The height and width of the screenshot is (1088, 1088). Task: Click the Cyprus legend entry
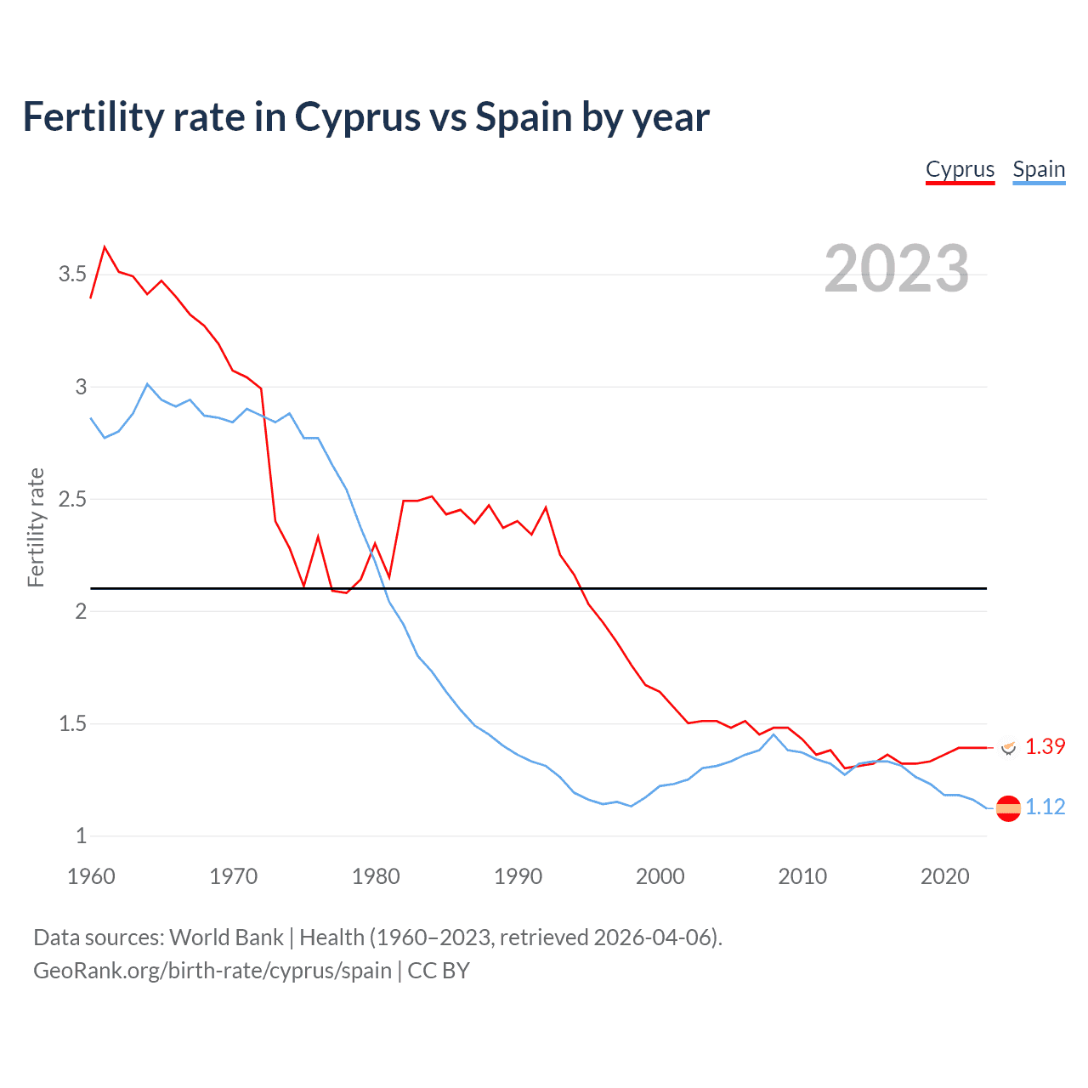pos(960,169)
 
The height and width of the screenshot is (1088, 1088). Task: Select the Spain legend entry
pos(1039,169)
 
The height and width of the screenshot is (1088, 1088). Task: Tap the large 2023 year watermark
pos(897,269)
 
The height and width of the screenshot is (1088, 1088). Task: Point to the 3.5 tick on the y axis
pos(72,274)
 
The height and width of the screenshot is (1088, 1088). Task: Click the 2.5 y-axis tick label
pos(72,499)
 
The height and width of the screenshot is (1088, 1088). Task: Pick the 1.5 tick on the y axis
pos(72,723)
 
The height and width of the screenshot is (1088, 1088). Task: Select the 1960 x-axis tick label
pos(91,876)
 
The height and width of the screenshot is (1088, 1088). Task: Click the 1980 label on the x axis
pos(376,876)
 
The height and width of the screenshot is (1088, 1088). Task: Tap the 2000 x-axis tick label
pos(660,876)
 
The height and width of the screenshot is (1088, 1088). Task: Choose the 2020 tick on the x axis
pos(944,876)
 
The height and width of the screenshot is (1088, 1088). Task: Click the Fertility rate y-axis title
pos(36,527)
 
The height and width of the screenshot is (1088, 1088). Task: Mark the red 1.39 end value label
pos(1045,746)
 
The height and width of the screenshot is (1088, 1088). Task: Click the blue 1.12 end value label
pos(1045,807)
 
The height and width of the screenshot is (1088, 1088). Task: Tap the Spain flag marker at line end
pos(1008,808)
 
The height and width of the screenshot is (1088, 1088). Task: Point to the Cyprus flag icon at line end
pos(1008,747)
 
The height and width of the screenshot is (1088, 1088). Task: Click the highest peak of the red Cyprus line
pos(105,247)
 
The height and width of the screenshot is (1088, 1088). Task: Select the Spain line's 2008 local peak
pos(773,734)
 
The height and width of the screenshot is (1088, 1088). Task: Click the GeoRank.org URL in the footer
pos(212,971)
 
